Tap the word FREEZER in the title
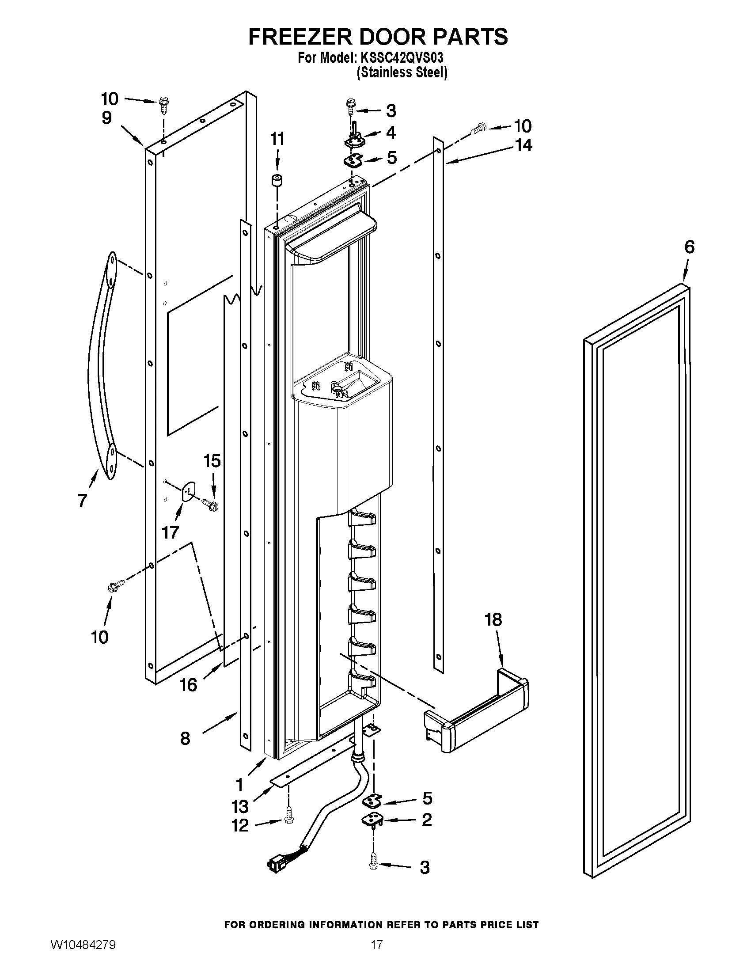[300, 37]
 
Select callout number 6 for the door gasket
[689, 247]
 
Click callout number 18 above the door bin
[494, 619]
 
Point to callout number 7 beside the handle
[82, 501]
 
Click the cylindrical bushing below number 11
[277, 181]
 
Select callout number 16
[188, 685]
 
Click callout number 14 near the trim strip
[523, 145]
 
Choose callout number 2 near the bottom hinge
[427, 820]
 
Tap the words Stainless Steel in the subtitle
[402, 72]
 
